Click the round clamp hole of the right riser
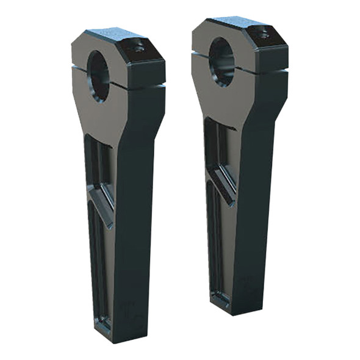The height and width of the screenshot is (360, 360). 221,62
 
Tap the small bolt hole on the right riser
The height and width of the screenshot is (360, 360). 262,35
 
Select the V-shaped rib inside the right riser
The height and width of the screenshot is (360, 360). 223,183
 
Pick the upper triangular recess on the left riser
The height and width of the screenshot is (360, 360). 98,165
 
